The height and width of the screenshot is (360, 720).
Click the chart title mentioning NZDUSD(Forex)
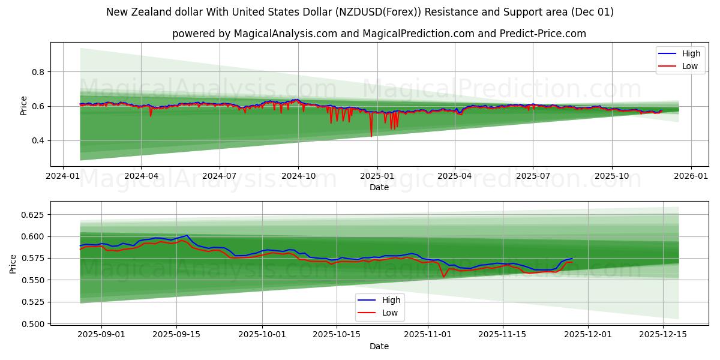(x=360, y=12)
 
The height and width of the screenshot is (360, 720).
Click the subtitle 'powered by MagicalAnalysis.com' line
(x=379, y=34)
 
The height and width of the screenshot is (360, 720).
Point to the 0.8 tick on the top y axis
(x=38, y=72)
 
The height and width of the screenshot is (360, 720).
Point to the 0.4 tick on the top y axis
(x=38, y=141)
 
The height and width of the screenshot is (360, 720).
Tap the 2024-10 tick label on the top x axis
(x=298, y=176)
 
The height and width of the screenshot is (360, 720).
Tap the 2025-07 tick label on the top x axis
(x=533, y=176)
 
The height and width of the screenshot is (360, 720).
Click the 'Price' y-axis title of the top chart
(x=24, y=105)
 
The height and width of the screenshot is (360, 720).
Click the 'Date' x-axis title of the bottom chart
(x=379, y=346)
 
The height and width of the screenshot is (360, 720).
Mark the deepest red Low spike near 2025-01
(x=371, y=136)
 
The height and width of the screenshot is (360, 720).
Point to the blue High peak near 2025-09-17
(x=187, y=235)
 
